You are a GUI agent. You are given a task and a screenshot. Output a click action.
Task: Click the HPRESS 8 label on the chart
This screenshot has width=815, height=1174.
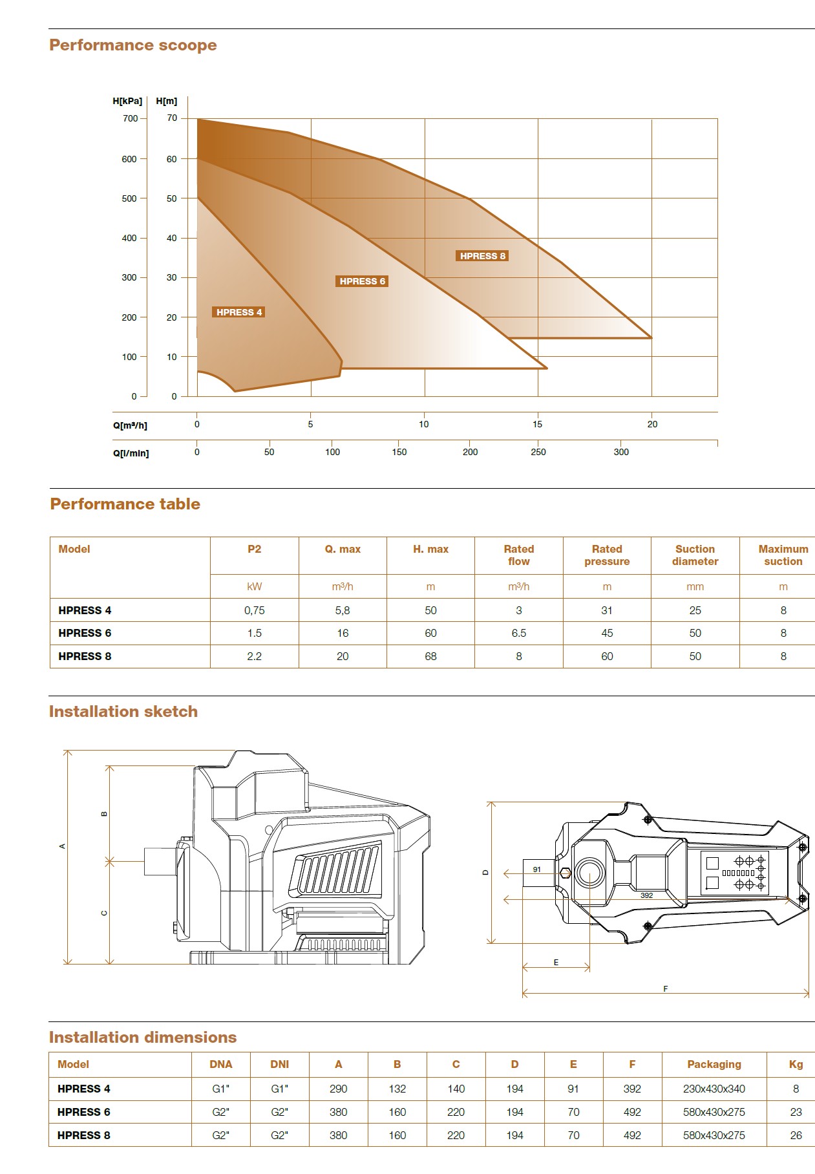click(x=483, y=256)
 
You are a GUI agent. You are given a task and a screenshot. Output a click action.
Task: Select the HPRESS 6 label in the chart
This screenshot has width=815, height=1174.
click(x=363, y=281)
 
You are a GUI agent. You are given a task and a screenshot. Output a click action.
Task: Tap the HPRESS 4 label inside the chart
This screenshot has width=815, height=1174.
click(x=239, y=312)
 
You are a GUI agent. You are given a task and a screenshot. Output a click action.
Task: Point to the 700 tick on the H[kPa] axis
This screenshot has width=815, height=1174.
click(x=130, y=118)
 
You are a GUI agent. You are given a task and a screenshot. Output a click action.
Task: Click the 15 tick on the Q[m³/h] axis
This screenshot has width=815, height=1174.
click(x=538, y=424)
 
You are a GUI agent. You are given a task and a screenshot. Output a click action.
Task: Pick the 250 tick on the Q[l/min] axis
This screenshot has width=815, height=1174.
click(x=538, y=452)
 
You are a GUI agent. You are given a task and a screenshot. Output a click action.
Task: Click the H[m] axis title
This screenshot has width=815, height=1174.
click(x=167, y=101)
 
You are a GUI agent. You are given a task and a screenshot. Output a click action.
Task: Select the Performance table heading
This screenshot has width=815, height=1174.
click(x=125, y=504)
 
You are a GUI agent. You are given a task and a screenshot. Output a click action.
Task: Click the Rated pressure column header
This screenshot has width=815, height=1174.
click(x=607, y=555)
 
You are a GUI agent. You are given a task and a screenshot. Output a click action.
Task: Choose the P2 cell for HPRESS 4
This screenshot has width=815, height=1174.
click(x=255, y=610)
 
